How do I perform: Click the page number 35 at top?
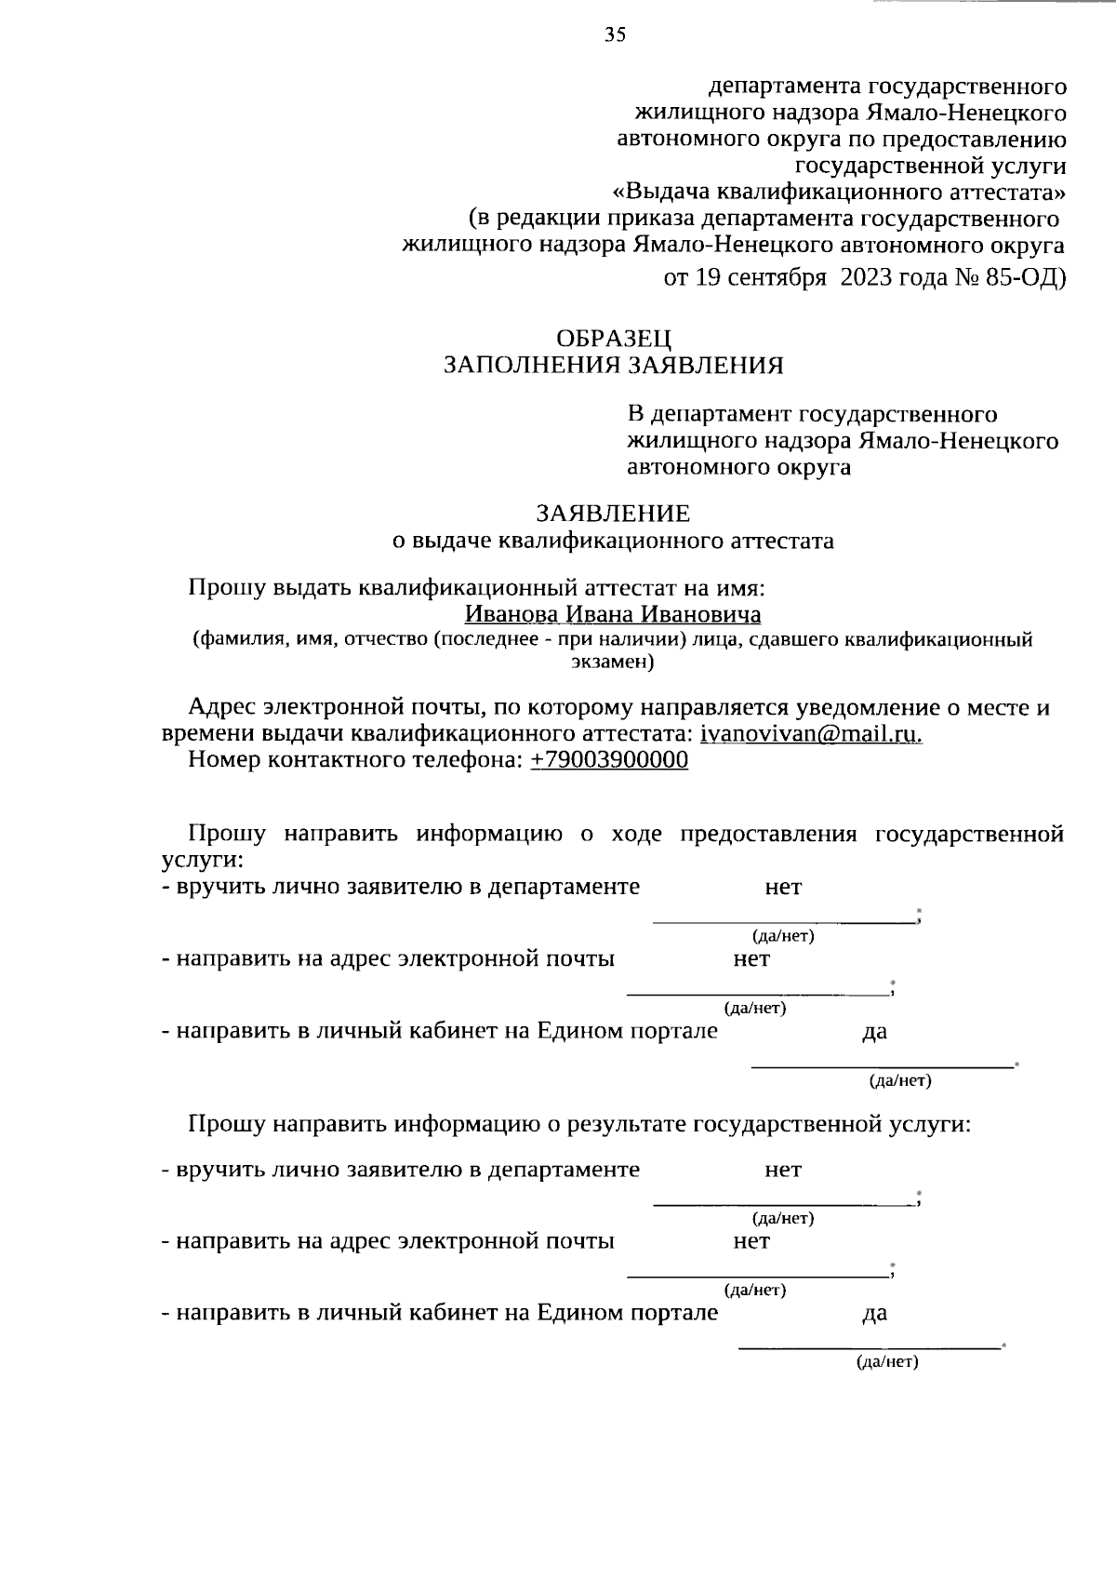[615, 35]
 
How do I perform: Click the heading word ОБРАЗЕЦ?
[614, 339]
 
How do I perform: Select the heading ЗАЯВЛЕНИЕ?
[613, 514]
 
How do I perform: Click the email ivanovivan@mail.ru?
[811, 733]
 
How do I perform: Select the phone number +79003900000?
[609, 760]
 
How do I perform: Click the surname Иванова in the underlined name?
[511, 615]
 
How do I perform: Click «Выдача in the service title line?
[660, 193]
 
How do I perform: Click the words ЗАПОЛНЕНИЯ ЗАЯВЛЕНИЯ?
[614, 365]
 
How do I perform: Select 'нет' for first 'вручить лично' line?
[783, 887]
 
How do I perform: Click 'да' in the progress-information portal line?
[874, 1032]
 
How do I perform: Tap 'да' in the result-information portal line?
[874, 1313]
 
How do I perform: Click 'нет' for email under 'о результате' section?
[751, 1241]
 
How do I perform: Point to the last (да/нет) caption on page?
[887, 1362]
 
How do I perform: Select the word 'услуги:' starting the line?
[203, 859]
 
